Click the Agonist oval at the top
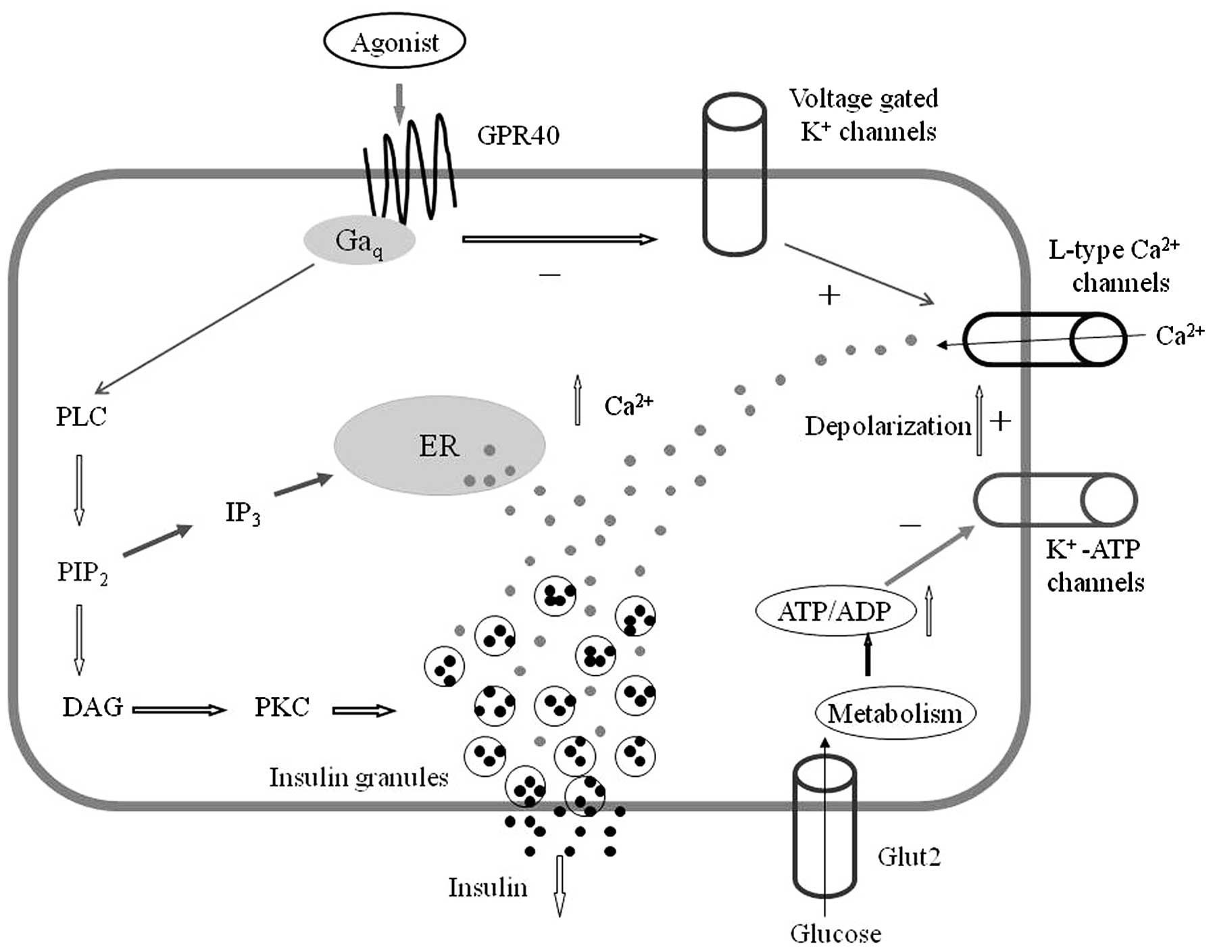tap(395, 43)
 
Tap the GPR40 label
tap(518, 135)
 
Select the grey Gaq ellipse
tap(358, 241)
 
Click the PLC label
tap(81, 416)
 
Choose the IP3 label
tap(243, 513)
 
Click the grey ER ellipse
tap(439, 446)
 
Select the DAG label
tap(93, 707)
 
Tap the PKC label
tap(282, 707)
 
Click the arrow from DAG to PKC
tap(179, 710)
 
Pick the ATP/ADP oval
tap(835, 612)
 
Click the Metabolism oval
tap(895, 713)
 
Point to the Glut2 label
tap(909, 857)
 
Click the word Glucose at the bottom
tap(836, 934)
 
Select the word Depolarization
tap(888, 426)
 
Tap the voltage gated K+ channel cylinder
tap(735, 174)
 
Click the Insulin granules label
tap(359, 778)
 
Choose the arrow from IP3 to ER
tap(303, 485)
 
